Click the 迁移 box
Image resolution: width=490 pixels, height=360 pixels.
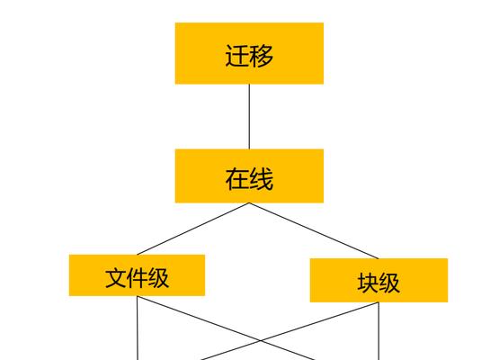249,53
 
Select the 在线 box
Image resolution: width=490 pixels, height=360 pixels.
249,175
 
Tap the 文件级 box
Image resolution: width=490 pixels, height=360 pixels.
137,274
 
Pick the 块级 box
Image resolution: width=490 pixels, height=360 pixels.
379,280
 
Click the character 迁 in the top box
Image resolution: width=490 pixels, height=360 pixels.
236,56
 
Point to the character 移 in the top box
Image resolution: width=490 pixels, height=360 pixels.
262,56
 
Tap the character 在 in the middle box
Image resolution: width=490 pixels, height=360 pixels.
236,179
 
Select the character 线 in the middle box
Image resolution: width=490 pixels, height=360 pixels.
262,179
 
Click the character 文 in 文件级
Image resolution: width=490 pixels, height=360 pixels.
116,278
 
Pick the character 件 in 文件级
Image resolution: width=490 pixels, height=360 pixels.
137,278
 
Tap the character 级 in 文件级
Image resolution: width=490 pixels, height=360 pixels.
158,278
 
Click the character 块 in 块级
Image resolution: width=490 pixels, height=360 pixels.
368,283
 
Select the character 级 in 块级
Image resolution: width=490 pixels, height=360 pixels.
389,283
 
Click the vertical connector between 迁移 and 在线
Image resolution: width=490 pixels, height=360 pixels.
249,117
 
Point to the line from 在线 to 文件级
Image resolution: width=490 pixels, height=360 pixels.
193,229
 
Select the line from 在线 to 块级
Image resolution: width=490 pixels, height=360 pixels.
314,230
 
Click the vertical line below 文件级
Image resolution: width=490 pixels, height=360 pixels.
138,328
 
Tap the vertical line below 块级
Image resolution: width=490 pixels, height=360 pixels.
379,331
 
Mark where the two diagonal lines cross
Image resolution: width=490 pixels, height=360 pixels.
261,340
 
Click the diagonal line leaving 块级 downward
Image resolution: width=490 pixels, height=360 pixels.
290,331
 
